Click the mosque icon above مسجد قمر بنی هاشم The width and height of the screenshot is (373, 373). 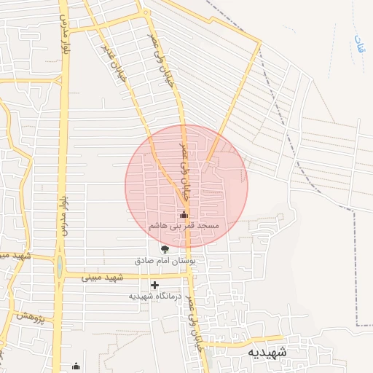[x=184, y=215]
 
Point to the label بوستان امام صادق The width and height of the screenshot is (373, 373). [x=170, y=260]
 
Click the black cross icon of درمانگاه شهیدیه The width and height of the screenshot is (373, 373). [x=154, y=285]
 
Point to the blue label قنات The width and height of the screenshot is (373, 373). [x=358, y=43]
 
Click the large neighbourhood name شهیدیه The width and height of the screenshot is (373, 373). [x=267, y=353]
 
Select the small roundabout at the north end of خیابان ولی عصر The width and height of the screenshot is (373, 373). [x=144, y=12]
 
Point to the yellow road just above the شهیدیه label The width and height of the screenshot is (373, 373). [x=240, y=338]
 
